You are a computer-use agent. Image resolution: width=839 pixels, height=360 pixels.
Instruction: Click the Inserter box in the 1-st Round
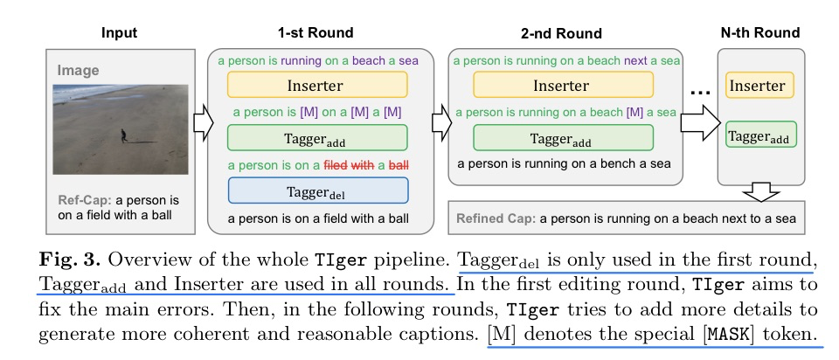pos(316,86)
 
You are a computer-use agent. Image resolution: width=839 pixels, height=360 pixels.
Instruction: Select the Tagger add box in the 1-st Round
pos(316,139)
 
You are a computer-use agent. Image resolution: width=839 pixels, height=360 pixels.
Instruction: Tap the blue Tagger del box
pos(316,191)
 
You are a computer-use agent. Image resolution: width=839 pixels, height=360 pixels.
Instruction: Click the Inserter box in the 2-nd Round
pos(562,86)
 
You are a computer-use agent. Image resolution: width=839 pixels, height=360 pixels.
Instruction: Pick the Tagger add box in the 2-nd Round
pos(562,139)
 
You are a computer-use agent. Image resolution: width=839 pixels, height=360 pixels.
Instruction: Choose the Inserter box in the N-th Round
pos(757,87)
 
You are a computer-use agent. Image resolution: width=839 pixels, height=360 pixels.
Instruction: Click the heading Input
pos(120,33)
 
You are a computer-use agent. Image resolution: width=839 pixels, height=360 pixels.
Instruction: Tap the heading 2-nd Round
pos(560,34)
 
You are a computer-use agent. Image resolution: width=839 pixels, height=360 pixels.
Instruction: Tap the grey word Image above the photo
pos(79,70)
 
